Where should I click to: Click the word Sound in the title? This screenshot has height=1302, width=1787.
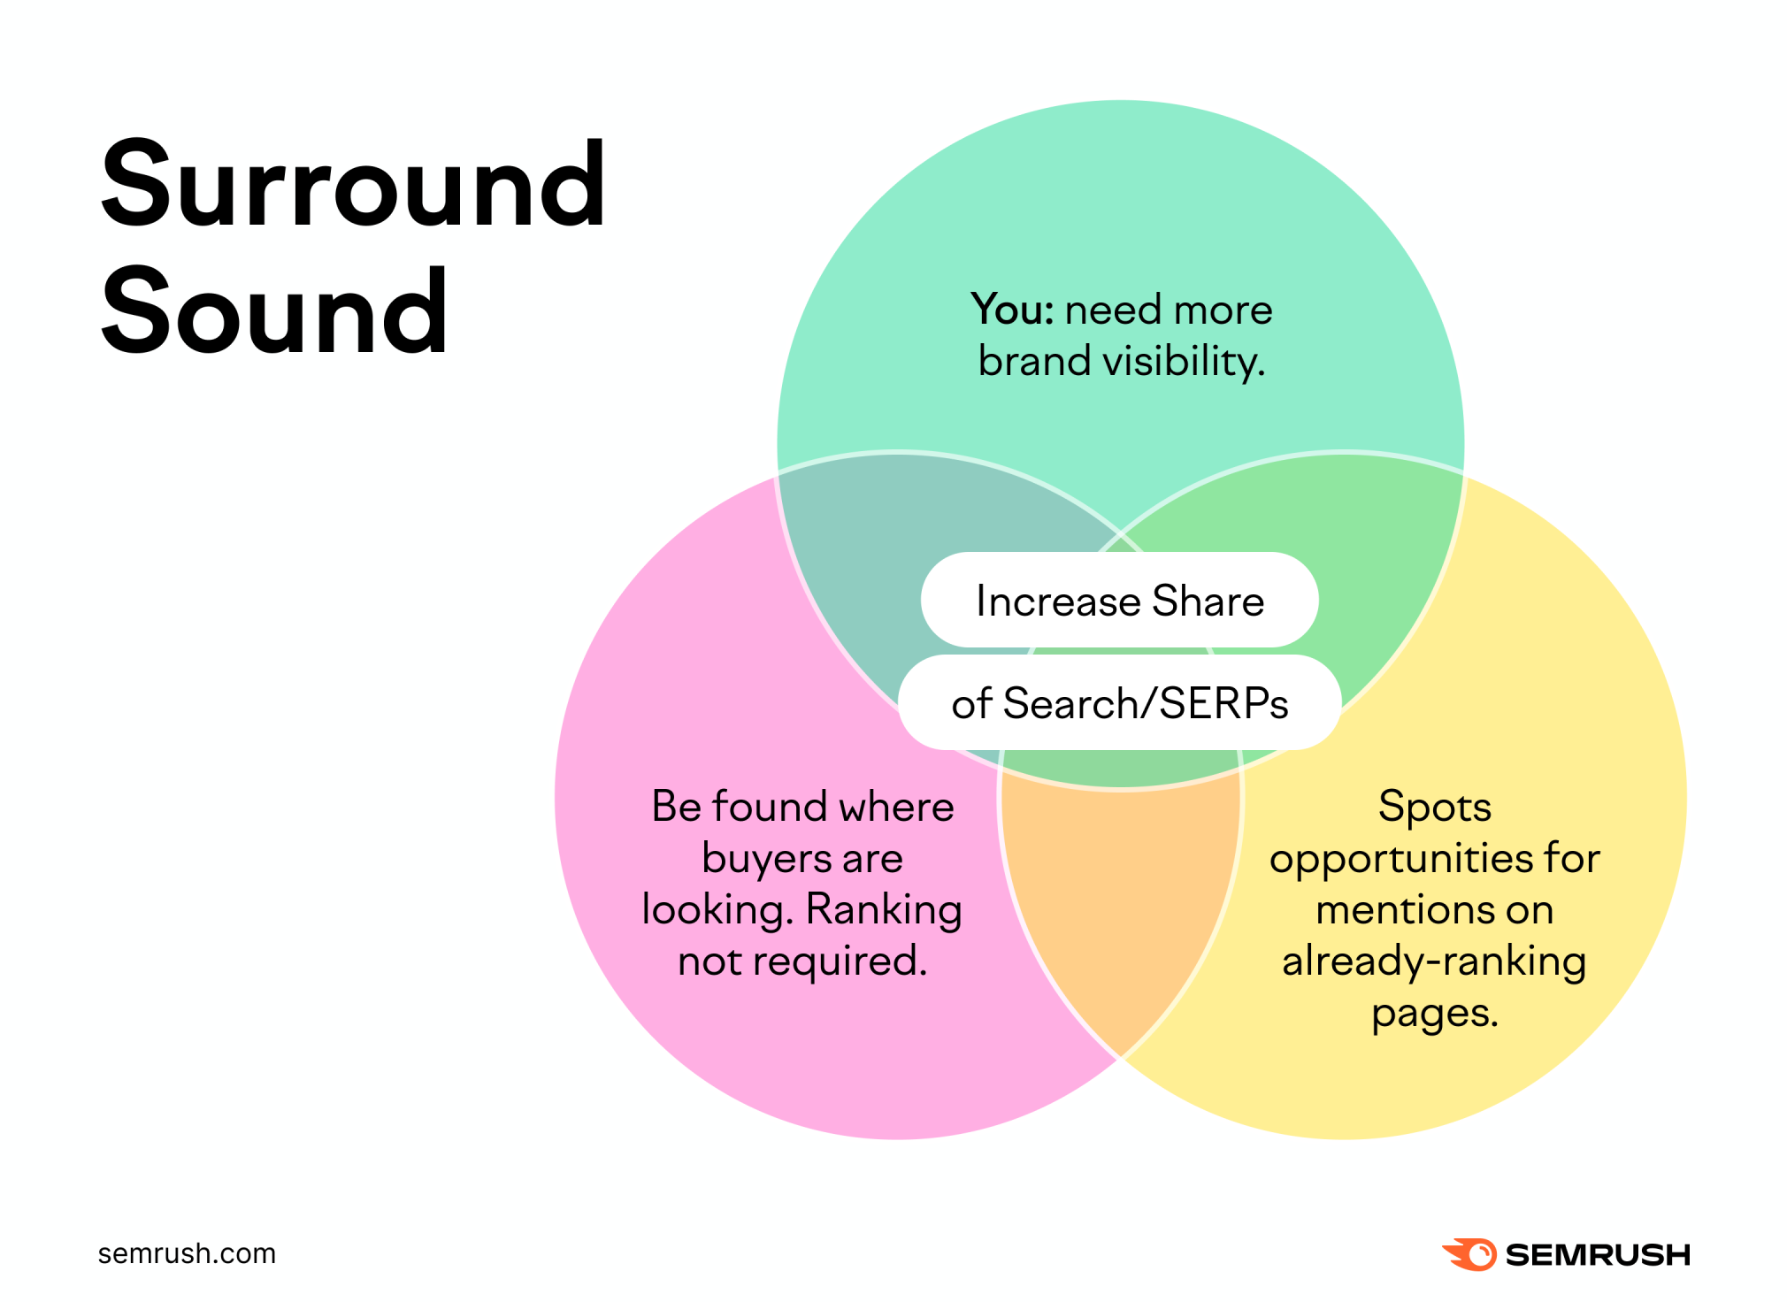point(274,311)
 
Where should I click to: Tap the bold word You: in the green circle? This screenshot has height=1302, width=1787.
point(1012,310)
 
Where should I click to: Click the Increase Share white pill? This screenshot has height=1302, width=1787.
point(1120,601)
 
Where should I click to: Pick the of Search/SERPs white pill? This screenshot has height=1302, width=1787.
point(1120,703)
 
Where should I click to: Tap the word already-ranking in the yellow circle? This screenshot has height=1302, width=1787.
point(1434,962)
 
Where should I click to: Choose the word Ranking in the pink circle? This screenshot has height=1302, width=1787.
point(884,911)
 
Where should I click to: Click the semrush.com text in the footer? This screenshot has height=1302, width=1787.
point(187,1254)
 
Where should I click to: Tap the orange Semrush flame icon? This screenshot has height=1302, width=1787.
point(1469,1254)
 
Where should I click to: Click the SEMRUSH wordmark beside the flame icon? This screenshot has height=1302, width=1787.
point(1598,1255)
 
